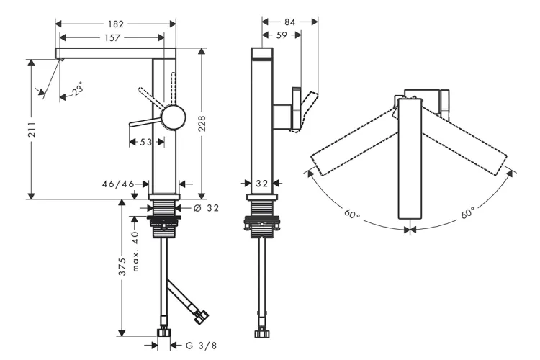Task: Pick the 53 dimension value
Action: [145, 143]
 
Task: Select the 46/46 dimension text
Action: [119, 184]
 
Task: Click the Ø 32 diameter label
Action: [207, 208]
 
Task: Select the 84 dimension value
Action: [289, 22]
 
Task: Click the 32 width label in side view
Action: [261, 184]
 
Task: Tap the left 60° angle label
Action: [351, 214]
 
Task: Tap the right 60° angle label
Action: [467, 214]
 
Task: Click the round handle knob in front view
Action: [174, 116]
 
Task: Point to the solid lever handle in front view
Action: [146, 123]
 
